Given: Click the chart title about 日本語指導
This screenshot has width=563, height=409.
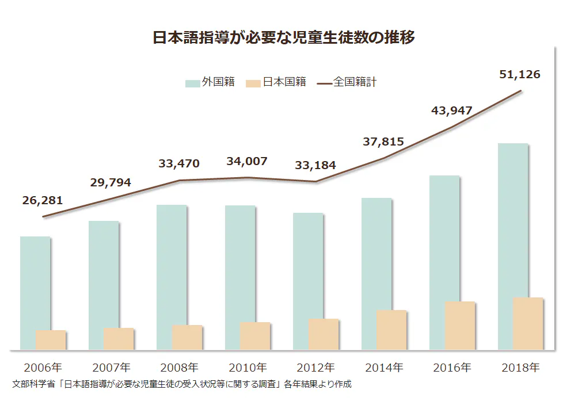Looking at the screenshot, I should coord(283,38).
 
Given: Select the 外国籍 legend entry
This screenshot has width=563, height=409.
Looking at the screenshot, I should coord(211,82).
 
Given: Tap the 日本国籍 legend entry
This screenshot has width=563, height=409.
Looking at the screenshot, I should coord(277,82).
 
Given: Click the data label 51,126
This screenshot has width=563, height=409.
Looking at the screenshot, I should coord(519,74).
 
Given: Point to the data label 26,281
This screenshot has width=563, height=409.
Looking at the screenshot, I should coord(43,201).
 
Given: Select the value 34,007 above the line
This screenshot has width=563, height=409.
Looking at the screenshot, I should coord(247,162).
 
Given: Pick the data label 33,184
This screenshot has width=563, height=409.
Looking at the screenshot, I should coord(315,166).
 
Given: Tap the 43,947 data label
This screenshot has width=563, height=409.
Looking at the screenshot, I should coord(452,110).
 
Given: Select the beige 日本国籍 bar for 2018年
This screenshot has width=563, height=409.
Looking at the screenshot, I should coord(528,323).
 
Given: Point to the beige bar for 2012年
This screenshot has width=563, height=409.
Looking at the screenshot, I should coord(324,334).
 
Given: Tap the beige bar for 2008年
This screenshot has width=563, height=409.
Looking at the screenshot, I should coord(187,337).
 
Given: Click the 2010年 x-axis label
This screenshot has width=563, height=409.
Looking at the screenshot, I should coord(248,367).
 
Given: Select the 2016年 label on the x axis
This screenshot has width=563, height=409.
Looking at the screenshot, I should coord(452,367).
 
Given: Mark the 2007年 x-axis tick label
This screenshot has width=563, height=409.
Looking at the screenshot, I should coord(111,367).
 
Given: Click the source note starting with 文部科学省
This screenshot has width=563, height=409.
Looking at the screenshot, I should coord(181,384).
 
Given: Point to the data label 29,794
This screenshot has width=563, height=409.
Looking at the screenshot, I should coord(111,183).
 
